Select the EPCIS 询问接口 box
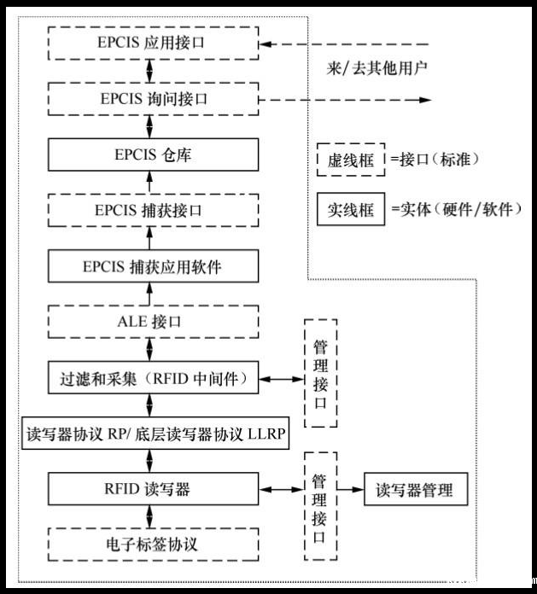click(x=153, y=99)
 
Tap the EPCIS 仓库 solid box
click(x=153, y=154)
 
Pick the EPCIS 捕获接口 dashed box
click(x=153, y=210)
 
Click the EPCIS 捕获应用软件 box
click(x=153, y=266)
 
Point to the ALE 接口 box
click(x=153, y=322)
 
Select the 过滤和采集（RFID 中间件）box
click(x=153, y=378)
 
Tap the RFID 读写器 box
click(x=153, y=490)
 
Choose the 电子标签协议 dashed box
click(x=153, y=543)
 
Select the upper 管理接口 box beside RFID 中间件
click(x=320, y=375)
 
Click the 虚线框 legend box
click(x=351, y=159)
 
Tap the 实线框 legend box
click(x=351, y=210)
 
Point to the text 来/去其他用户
click(x=375, y=66)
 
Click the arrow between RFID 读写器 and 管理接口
click(x=282, y=490)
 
